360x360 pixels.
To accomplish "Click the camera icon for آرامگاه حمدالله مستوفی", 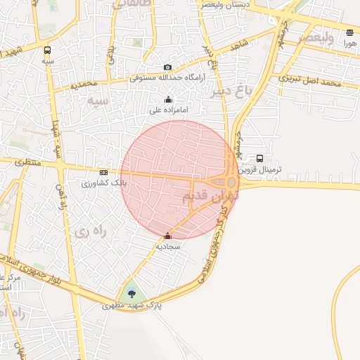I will pyautogui.click(x=167, y=67).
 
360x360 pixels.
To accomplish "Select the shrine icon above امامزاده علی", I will pyautogui.click(x=167, y=100).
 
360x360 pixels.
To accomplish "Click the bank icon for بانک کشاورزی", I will pyautogui.click(x=104, y=172).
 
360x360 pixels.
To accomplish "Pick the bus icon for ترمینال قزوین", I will pyautogui.click(x=260, y=159).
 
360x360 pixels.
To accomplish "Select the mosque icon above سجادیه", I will pyautogui.click(x=167, y=236).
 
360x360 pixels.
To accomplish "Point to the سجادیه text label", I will pyautogui.click(x=169, y=247).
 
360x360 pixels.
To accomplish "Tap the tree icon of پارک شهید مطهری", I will pyautogui.click(x=131, y=295).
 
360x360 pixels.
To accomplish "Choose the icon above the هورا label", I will pyautogui.click(x=350, y=32).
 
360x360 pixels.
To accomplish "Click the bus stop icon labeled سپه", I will pyautogui.click(x=47, y=51).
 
